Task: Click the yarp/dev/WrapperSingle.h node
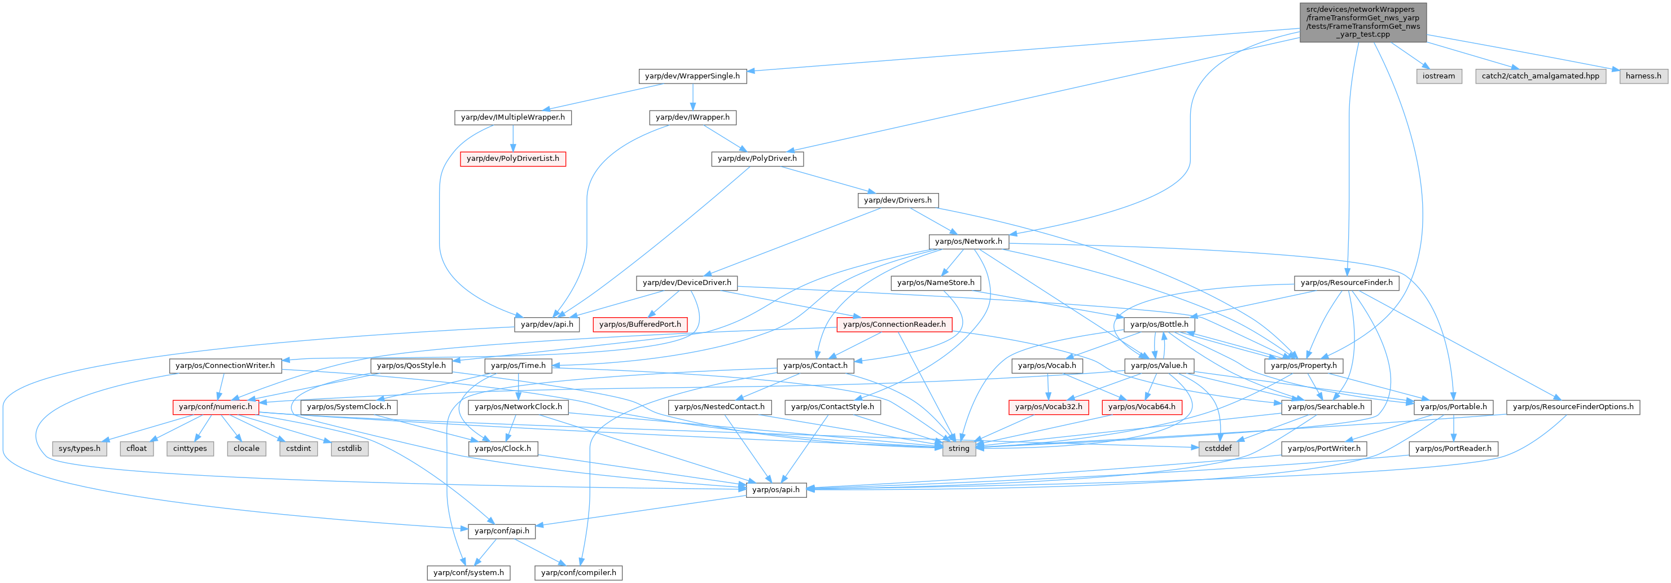click(x=692, y=76)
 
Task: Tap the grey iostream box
click(x=1438, y=76)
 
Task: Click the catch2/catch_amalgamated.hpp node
click(x=1540, y=76)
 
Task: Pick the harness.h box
click(x=1643, y=76)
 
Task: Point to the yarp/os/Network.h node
click(x=968, y=241)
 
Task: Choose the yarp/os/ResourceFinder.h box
click(x=1346, y=283)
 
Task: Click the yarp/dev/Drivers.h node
click(x=897, y=200)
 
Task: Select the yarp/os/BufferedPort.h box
click(x=639, y=325)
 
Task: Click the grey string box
click(x=958, y=449)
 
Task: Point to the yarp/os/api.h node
click(x=776, y=490)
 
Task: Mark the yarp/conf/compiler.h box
click(x=578, y=573)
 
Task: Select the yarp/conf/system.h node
click(x=468, y=573)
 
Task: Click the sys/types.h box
click(x=79, y=449)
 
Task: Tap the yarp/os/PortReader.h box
click(x=1453, y=449)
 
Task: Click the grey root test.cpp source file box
click(x=1362, y=22)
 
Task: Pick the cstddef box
click(x=1218, y=449)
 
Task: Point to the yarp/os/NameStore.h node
click(x=936, y=283)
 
